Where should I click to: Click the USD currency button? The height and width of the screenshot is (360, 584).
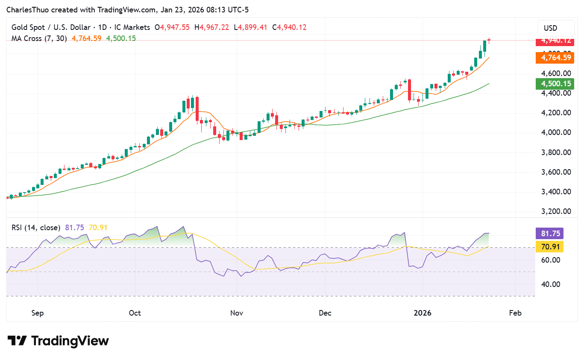(550, 28)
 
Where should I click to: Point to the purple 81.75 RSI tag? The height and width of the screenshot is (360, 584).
(549, 234)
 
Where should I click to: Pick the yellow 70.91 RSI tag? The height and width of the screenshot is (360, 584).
(549, 246)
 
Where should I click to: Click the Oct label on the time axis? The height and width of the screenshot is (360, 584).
(135, 313)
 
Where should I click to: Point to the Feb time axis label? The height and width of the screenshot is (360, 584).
(516, 313)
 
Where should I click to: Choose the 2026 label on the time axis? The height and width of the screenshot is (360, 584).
(422, 313)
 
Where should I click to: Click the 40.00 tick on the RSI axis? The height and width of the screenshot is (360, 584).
(547, 284)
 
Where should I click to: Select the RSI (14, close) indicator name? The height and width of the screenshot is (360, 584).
(36, 228)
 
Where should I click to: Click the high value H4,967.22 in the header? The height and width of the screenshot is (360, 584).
(212, 27)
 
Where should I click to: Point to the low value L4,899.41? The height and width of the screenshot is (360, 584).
(250, 27)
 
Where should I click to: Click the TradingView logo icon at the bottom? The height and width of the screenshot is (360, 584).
(17, 341)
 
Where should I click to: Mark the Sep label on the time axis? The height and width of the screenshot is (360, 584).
(38, 313)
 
